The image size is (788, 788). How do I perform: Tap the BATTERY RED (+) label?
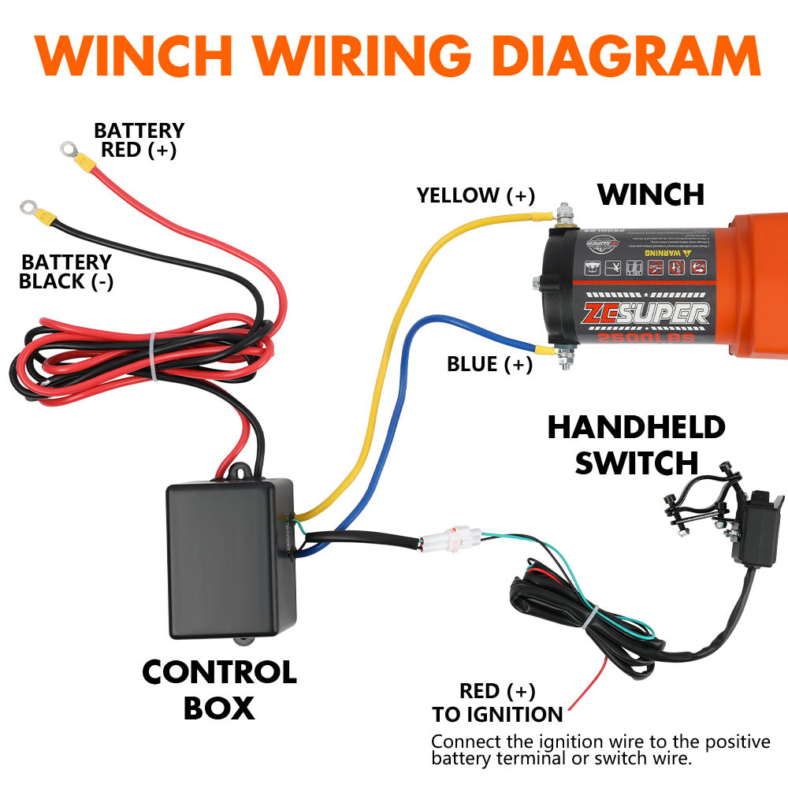(x=139, y=140)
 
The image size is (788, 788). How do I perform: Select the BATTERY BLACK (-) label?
(x=66, y=272)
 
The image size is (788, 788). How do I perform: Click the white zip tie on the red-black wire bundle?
(x=152, y=355)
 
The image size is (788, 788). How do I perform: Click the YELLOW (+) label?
(x=476, y=195)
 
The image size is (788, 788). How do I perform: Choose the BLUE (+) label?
(x=489, y=364)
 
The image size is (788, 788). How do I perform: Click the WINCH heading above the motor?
(x=650, y=194)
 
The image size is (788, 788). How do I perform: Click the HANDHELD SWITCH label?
(x=636, y=445)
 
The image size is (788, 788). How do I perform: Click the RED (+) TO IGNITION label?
(x=497, y=703)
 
